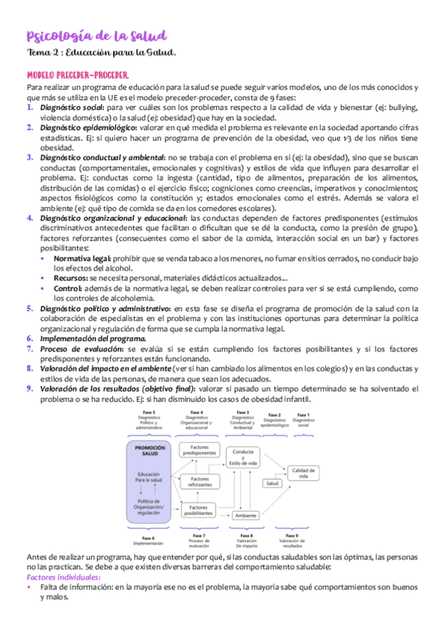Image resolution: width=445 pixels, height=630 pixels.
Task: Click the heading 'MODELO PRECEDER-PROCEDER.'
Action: point(77,76)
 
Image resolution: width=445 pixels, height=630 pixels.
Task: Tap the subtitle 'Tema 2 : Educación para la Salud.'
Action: point(101,52)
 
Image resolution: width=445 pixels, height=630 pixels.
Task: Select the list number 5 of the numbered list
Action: point(30,308)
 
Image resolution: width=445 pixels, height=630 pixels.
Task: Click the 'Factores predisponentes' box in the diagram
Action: point(198,450)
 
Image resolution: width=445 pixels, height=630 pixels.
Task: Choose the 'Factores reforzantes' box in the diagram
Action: point(199,481)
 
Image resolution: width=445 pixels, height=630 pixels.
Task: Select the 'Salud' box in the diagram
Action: point(273,484)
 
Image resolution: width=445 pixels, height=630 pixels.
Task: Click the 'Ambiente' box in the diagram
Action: point(245,515)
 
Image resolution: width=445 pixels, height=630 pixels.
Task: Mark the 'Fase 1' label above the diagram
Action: point(302,414)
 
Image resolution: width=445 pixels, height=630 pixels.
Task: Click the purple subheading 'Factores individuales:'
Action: point(63,577)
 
